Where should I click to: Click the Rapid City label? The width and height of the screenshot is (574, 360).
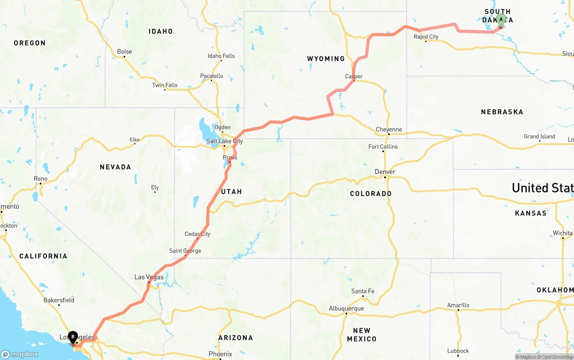click(x=426, y=37)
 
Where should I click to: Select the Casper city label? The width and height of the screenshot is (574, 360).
click(x=354, y=76)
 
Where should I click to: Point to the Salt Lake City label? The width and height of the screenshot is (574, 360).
click(x=225, y=141)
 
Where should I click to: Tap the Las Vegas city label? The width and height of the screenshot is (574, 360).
click(x=149, y=277)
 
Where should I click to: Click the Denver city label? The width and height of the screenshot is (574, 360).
click(x=385, y=172)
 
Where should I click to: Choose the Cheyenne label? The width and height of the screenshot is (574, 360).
click(x=389, y=130)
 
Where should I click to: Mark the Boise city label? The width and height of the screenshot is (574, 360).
click(x=124, y=52)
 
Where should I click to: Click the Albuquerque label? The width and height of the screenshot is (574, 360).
click(x=346, y=308)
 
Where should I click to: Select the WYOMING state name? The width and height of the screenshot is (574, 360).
click(x=326, y=59)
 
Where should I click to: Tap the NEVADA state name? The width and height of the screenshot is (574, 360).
click(x=115, y=167)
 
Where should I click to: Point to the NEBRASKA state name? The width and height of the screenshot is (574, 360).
click(x=502, y=112)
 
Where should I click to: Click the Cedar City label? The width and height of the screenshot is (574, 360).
click(x=197, y=234)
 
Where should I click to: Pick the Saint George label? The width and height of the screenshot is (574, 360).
click(x=185, y=251)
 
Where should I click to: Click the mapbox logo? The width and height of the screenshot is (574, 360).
click(x=20, y=354)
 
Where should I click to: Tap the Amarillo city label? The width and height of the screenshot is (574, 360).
click(x=458, y=305)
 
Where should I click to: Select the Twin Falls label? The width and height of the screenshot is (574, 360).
click(x=165, y=85)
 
